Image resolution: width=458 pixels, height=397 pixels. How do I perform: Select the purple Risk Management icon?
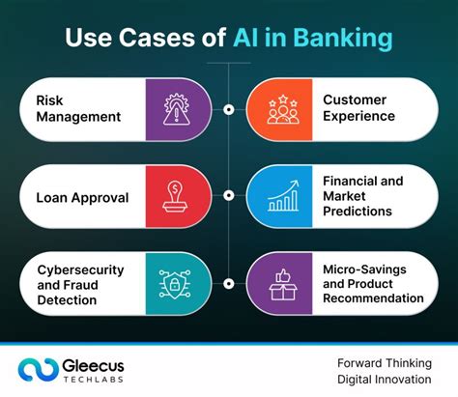tap(174, 108)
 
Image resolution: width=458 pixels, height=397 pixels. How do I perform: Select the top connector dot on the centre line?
tap(229, 109)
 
